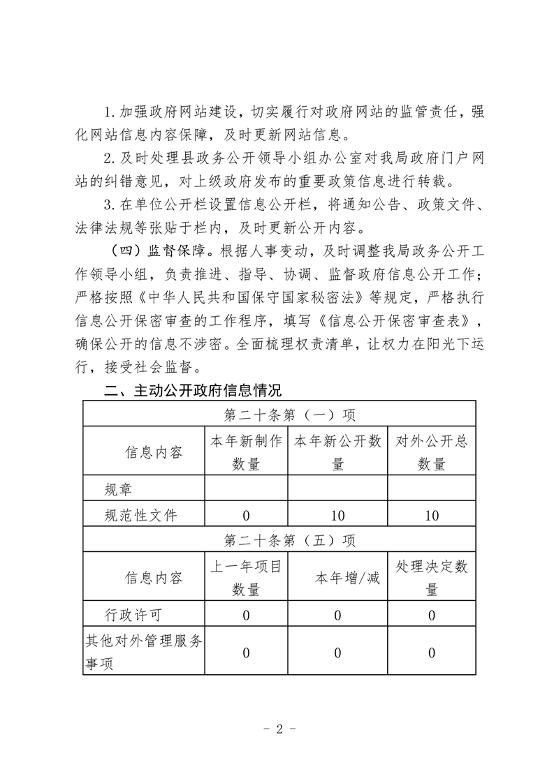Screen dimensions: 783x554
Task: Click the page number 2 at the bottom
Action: [278, 730]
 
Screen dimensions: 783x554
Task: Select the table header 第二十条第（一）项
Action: [279, 415]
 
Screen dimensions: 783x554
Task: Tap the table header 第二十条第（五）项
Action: [279, 539]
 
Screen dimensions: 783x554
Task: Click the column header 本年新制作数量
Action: [246, 452]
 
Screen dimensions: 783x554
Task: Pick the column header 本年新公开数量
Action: [337, 452]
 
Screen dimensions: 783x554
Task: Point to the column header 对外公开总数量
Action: [431, 452]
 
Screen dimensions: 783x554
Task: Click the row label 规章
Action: [118, 489]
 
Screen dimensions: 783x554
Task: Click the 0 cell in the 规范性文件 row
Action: [246, 516]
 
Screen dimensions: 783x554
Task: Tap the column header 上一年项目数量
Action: [246, 578]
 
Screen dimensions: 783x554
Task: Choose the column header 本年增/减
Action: [337, 579]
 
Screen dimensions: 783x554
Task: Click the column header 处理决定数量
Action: [431, 578]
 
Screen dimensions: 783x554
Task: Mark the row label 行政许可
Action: [133, 616]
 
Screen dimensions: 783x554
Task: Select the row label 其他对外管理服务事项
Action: [143, 652]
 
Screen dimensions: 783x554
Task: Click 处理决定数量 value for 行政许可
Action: [431, 616]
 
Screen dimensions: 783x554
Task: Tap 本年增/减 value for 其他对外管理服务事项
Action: [337, 653]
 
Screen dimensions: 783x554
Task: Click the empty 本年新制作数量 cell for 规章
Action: [246, 489]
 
